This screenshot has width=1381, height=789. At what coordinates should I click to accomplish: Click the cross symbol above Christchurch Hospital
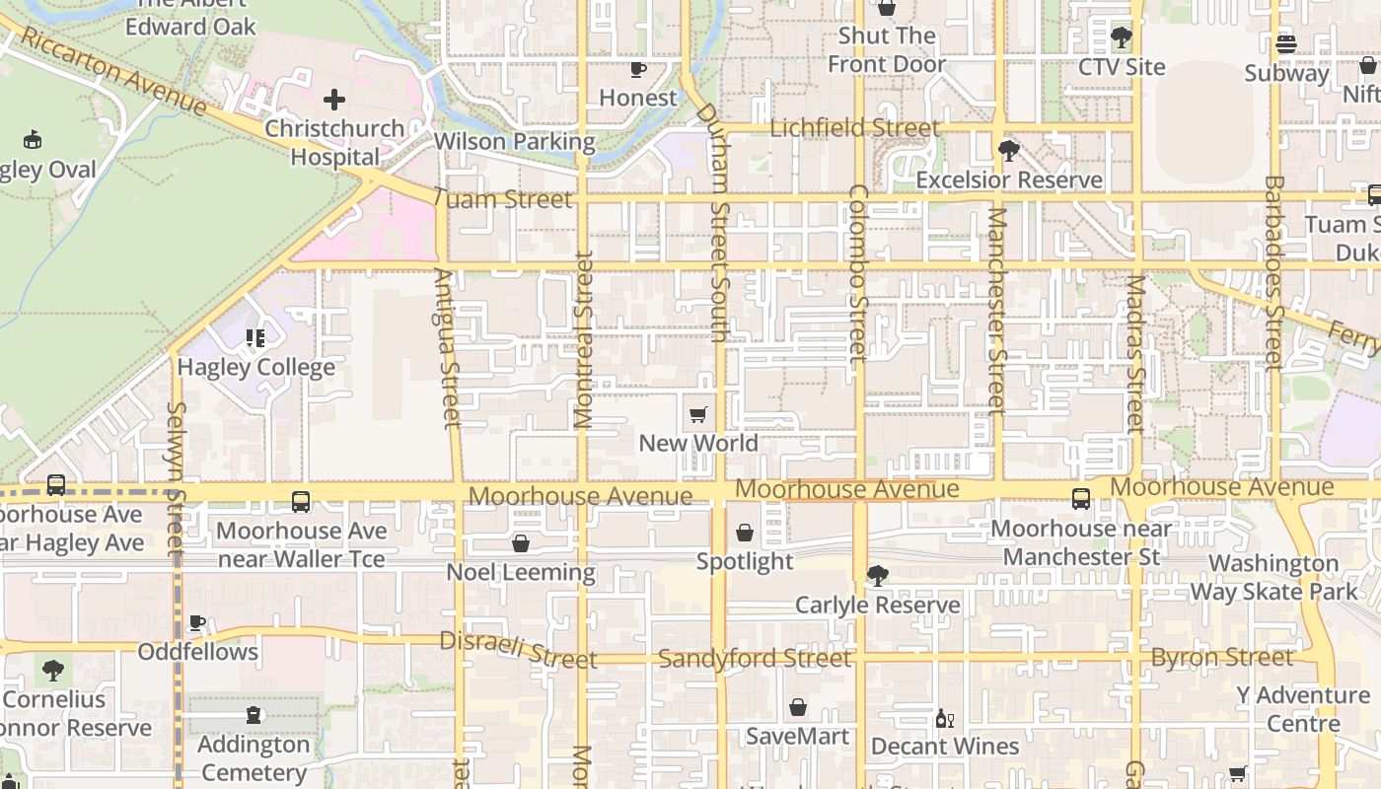point(334,100)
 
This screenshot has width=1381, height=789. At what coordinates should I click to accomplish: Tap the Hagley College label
point(255,368)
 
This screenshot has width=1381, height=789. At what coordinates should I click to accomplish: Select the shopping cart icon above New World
point(698,414)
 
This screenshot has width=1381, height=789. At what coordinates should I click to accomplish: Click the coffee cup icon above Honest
point(638,69)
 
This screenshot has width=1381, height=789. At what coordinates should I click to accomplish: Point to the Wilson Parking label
point(514,142)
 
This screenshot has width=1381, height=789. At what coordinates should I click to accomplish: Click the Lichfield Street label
point(854,128)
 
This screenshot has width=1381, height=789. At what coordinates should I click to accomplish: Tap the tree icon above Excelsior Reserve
point(1008,151)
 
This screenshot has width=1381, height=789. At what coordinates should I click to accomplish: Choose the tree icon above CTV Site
point(1121,38)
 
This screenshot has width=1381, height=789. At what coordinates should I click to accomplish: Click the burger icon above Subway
point(1285,44)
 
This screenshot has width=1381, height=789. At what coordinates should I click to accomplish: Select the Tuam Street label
point(502,199)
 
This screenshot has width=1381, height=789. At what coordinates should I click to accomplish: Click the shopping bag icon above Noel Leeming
point(521,543)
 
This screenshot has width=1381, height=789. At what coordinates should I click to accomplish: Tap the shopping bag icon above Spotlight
point(745,533)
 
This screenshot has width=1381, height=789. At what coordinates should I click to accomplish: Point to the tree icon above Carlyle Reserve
point(877,576)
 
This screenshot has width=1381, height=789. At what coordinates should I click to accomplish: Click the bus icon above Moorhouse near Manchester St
point(1081,499)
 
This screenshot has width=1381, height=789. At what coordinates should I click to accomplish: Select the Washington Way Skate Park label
point(1273,578)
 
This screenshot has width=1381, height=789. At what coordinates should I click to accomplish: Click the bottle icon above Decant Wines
point(944,718)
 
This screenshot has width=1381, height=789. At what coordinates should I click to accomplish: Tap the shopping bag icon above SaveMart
point(797,707)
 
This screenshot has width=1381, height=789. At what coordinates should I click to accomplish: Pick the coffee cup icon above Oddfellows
point(197,623)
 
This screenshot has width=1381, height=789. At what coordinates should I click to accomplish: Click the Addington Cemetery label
point(254,757)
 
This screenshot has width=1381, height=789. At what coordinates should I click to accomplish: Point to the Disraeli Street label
point(518,649)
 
